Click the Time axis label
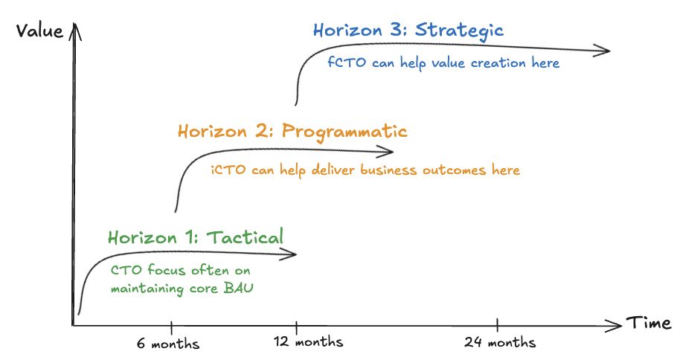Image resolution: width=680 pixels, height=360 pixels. click(648, 323)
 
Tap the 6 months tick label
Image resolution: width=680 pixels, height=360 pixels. click(168, 344)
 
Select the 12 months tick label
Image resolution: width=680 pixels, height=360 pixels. click(308, 341)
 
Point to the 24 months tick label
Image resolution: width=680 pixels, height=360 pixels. click(500, 342)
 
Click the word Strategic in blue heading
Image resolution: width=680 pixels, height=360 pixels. click(459, 30)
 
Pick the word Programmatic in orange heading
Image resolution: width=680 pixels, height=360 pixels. click(344, 132)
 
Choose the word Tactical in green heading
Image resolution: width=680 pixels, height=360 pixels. click(245, 237)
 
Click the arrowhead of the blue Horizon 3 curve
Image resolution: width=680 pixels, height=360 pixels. click(602, 51)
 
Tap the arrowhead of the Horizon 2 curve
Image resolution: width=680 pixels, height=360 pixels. click(385, 151)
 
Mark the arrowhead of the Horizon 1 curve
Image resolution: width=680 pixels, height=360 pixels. click(288, 254)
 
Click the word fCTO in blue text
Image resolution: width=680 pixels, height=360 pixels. click(347, 62)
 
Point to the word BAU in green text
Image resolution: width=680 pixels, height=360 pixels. click(238, 288)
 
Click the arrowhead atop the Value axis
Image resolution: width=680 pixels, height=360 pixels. click(75, 31)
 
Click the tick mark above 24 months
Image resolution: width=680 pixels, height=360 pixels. click(498, 325)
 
